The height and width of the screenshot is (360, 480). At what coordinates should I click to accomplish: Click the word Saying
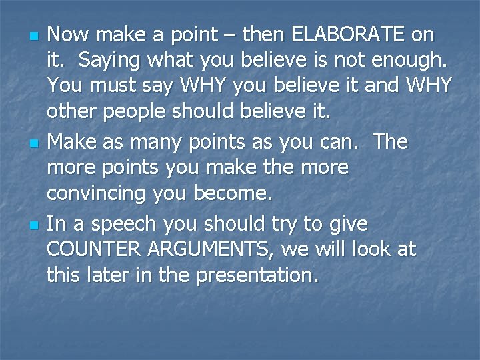(x=107, y=61)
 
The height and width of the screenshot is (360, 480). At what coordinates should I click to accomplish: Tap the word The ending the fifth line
(x=391, y=141)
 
